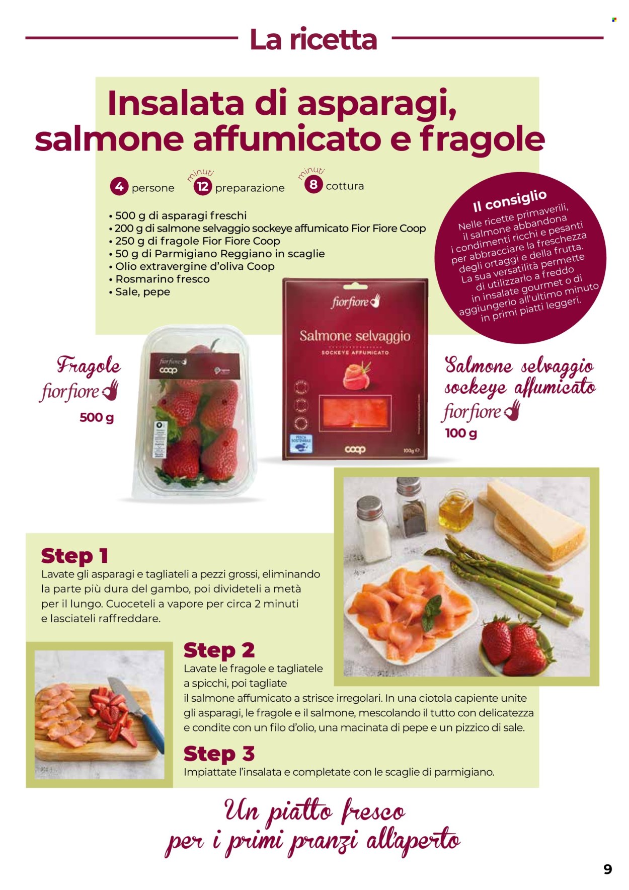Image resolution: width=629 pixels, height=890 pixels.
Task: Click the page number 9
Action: (608, 869)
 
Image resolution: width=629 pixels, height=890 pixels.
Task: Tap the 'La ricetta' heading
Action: (313, 39)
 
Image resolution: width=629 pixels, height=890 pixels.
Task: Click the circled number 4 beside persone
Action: (119, 187)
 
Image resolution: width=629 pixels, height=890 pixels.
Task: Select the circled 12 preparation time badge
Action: (202, 187)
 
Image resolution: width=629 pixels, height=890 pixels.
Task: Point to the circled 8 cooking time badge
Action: (313, 185)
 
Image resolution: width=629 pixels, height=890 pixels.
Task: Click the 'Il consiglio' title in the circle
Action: (509, 200)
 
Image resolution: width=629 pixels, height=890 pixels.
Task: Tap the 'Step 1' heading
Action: (74, 556)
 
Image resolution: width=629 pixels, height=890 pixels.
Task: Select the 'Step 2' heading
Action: (219, 650)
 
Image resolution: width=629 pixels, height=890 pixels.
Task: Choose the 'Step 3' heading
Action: (219, 754)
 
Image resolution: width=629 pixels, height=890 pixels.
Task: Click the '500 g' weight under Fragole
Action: (97, 417)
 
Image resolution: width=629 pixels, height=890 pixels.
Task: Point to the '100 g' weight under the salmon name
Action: (461, 433)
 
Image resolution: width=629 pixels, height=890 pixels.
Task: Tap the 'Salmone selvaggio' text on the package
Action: (355, 336)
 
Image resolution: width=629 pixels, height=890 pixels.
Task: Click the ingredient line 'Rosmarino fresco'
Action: (162, 279)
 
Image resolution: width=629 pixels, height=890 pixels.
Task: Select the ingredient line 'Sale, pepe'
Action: (142, 292)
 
